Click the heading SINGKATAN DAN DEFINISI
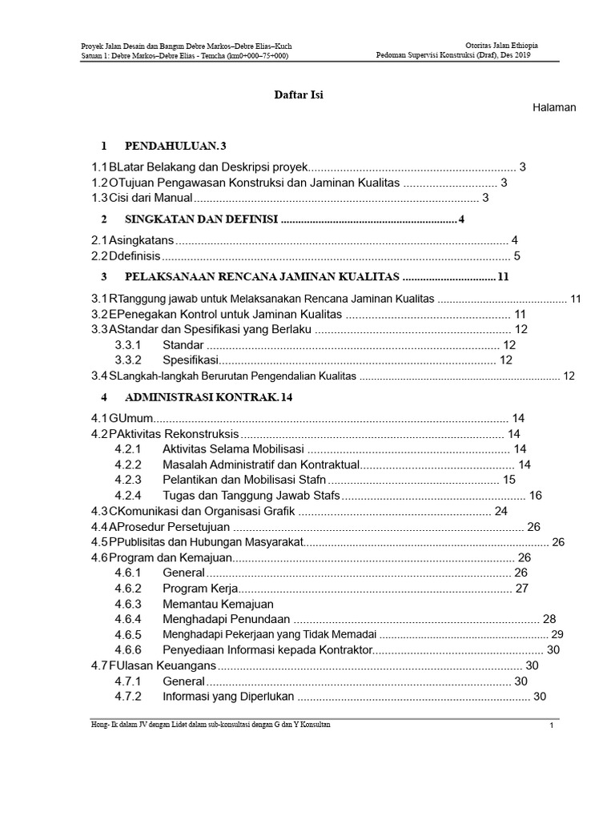[201, 219]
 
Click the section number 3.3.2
[128, 360]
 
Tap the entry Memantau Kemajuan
[218, 604]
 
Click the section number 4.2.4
[128, 496]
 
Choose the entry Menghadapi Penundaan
[226, 619]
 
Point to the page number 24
[501, 511]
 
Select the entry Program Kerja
[196, 589]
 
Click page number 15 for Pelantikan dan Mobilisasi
[509, 480]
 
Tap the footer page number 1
[552, 726]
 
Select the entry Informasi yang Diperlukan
[229, 697]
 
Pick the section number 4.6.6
[128, 649]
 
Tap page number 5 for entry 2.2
[517, 256]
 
